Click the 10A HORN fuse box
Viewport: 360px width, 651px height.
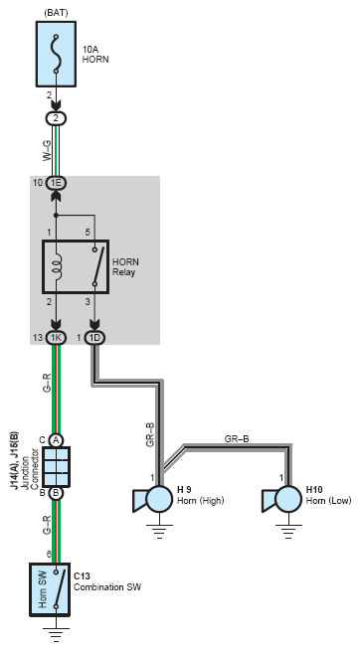pyautogui.click(x=56, y=54)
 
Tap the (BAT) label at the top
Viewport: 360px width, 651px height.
pyautogui.click(x=56, y=13)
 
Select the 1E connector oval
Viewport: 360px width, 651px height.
pyautogui.click(x=56, y=182)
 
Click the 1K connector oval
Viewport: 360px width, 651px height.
pyautogui.click(x=56, y=338)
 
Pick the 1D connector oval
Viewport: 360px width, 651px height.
pyautogui.click(x=95, y=338)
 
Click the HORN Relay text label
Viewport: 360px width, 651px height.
pyautogui.click(x=125, y=267)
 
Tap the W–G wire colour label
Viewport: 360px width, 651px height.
pyautogui.click(x=47, y=150)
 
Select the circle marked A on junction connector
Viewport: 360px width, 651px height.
pyautogui.click(x=56, y=440)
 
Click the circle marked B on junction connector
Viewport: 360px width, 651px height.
pyautogui.click(x=56, y=493)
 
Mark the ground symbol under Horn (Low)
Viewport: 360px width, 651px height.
pyautogui.click(x=288, y=531)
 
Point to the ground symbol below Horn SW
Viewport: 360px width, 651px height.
pyautogui.click(x=56, y=634)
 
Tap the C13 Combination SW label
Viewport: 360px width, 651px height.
pyautogui.click(x=107, y=581)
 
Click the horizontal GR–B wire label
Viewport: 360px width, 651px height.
pyautogui.click(x=237, y=438)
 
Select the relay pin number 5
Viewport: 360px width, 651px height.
pyautogui.click(x=88, y=233)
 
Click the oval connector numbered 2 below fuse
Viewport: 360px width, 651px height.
pyautogui.click(x=56, y=118)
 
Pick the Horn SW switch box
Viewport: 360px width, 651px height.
pyautogui.click(x=50, y=589)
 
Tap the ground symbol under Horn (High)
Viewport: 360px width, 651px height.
pyautogui.click(x=159, y=531)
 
